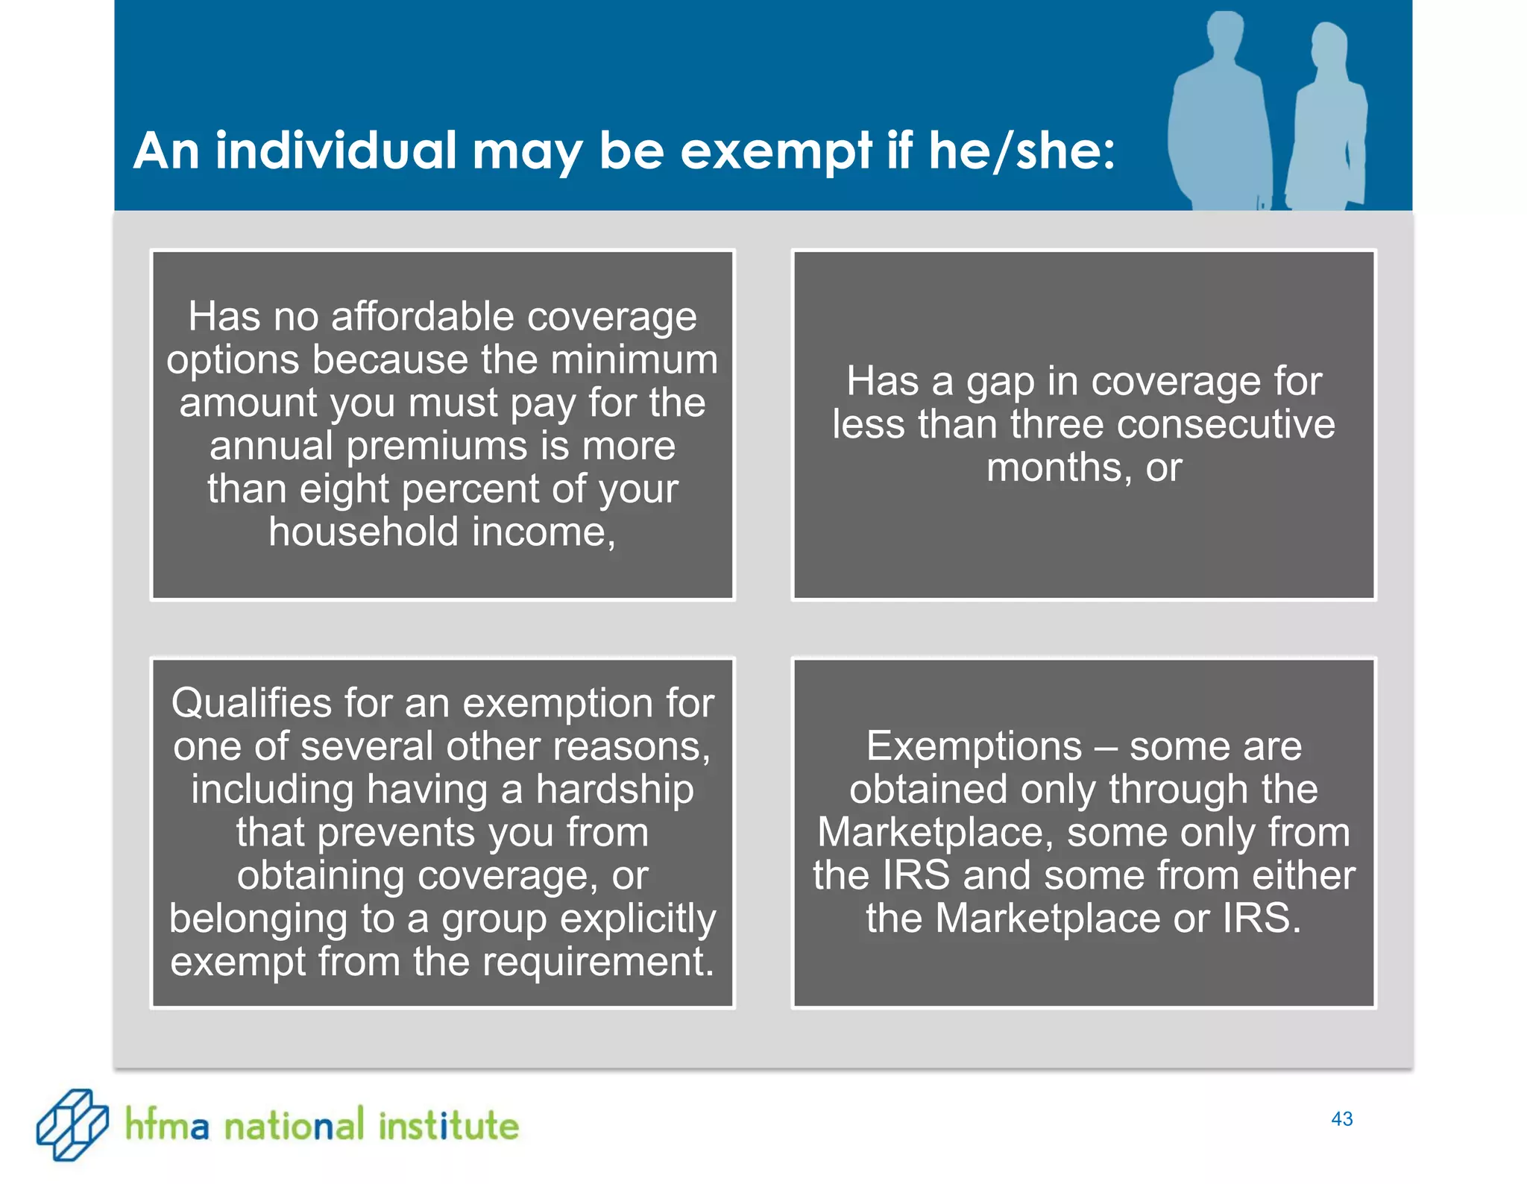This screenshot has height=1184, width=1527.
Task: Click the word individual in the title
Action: click(x=336, y=151)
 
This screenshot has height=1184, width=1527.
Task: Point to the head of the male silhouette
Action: click(x=1224, y=34)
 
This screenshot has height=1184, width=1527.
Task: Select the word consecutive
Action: click(x=1226, y=424)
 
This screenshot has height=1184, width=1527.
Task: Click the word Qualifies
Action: click(x=252, y=703)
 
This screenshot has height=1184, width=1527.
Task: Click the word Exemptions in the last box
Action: click(x=974, y=746)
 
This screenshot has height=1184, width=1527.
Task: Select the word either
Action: click(x=1303, y=875)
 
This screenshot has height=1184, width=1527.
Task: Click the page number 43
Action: click(x=1341, y=1119)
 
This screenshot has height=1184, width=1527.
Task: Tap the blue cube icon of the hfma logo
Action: click(x=72, y=1124)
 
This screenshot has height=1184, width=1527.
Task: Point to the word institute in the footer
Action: click(x=448, y=1125)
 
